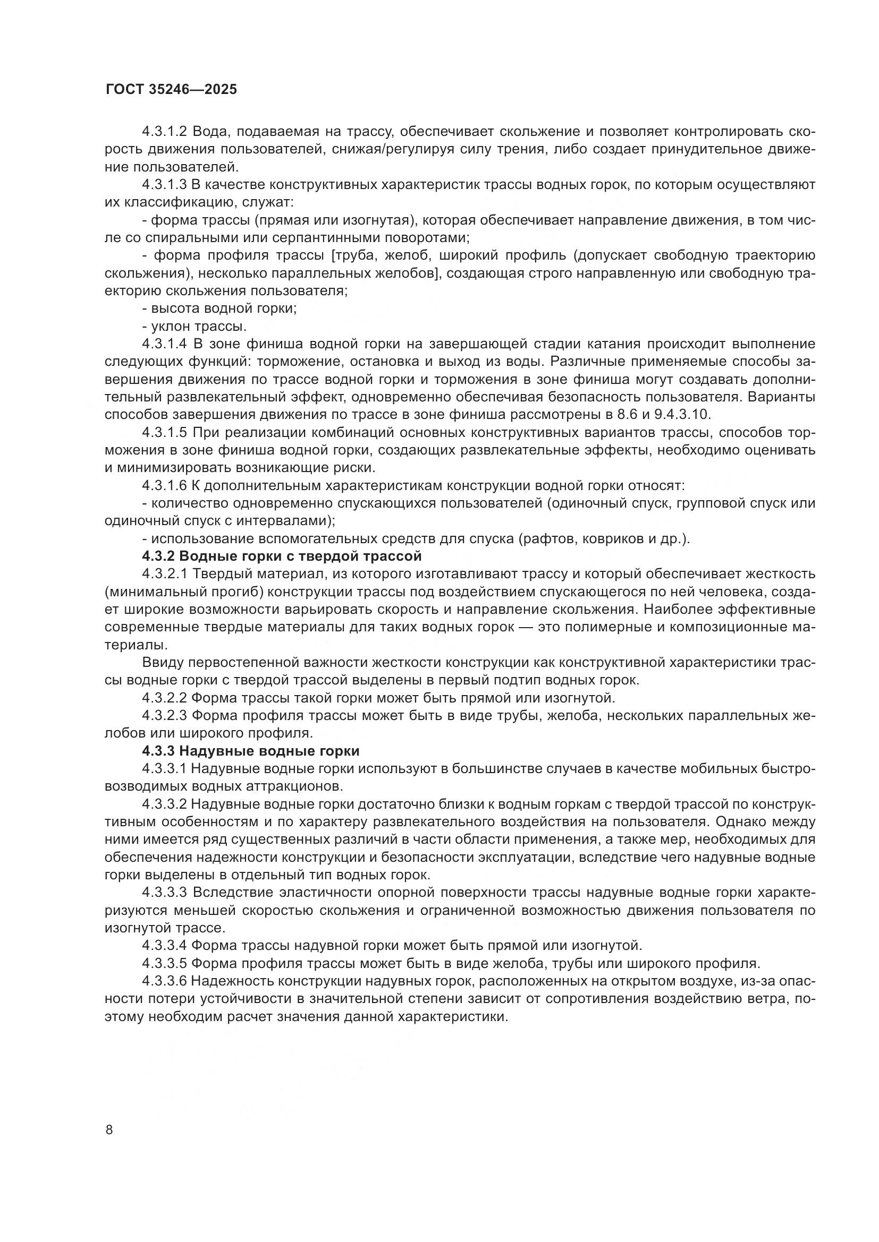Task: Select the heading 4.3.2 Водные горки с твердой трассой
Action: (x=282, y=556)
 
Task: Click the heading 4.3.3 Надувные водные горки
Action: (x=251, y=751)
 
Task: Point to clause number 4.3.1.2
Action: (x=165, y=132)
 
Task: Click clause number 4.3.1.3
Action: (x=165, y=185)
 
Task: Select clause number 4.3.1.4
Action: (x=165, y=344)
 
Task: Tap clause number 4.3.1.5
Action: (x=165, y=433)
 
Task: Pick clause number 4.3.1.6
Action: (x=165, y=486)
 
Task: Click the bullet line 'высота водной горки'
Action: (x=219, y=309)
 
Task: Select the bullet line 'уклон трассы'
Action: (x=195, y=327)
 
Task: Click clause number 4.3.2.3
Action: (x=165, y=716)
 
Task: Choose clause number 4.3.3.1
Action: (x=165, y=769)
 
